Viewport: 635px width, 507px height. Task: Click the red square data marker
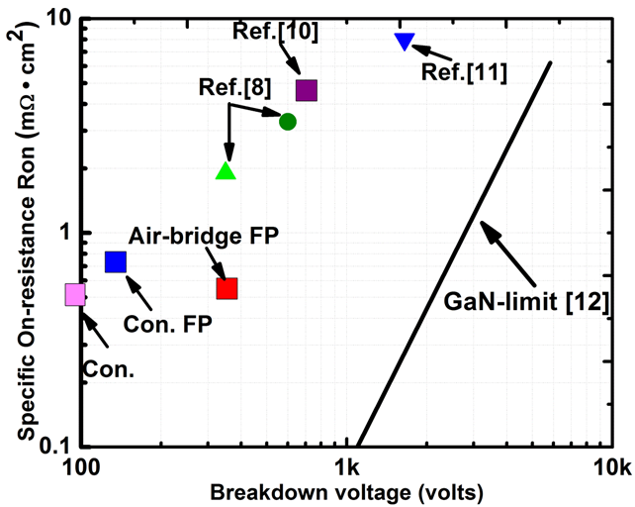point(227,289)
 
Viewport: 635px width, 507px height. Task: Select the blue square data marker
point(116,261)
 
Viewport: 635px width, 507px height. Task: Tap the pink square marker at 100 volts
point(75,295)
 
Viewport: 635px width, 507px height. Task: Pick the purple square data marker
point(307,90)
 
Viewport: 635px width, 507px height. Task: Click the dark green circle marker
point(288,122)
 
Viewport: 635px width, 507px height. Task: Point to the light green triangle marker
point(226,170)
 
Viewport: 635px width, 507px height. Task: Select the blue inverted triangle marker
point(405,42)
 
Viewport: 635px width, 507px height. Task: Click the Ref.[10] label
point(275,32)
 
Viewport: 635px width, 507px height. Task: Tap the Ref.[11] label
point(464,73)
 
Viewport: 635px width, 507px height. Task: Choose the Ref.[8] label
point(234,87)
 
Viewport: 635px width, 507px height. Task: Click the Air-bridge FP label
point(204,236)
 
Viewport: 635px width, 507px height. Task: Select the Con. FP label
point(168,324)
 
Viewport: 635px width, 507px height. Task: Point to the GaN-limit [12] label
point(526,302)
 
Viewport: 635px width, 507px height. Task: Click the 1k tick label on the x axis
point(348,468)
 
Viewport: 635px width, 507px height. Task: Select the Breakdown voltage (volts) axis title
point(346,493)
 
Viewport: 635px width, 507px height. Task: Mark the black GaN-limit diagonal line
point(454,253)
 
